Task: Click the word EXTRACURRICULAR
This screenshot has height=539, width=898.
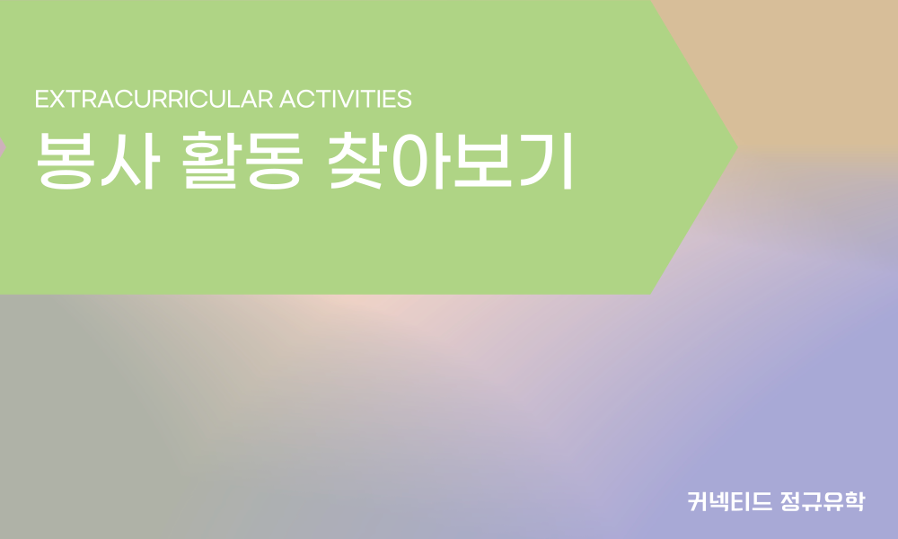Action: pos(154,99)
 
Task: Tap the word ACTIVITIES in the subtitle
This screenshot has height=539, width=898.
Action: pos(346,99)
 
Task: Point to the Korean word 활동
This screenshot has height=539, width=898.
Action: pos(242,161)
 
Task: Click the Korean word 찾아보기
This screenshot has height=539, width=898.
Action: pos(451,161)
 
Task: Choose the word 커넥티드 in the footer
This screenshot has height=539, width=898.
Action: pos(729,501)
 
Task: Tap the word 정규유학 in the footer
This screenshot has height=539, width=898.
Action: pos(822,501)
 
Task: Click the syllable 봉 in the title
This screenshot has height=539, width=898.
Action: pos(66,162)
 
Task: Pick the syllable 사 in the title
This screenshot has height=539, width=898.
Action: pos(130,161)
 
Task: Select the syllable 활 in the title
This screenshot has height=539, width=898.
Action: pos(209,161)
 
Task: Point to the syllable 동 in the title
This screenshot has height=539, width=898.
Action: pos(274,162)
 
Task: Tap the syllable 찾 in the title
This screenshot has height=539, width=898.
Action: pos(357,161)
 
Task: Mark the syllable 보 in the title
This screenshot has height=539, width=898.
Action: pos(483,161)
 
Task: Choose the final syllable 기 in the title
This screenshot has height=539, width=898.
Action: pos(547,161)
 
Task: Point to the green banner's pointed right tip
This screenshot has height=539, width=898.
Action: pos(737,148)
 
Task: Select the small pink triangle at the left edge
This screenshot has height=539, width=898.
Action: pos(3,148)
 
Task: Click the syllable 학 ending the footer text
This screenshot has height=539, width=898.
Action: pos(854,501)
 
